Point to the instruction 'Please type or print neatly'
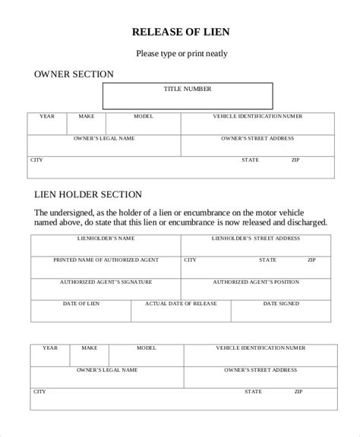(182, 54)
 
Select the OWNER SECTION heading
(74, 74)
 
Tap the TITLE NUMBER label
(188, 89)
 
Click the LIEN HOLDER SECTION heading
(88, 194)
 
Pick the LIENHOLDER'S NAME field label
(106, 238)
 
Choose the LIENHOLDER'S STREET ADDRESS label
(256, 238)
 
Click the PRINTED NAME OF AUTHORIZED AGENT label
(106, 259)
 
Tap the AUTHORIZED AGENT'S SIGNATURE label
(106, 281)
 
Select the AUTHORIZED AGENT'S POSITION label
(256, 281)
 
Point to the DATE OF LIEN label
(81, 303)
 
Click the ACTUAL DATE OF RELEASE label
(181, 303)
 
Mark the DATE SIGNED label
(281, 303)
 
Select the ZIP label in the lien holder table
(311, 259)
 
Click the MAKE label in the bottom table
(90, 347)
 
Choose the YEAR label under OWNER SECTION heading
(47, 116)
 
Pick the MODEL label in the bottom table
(146, 347)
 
